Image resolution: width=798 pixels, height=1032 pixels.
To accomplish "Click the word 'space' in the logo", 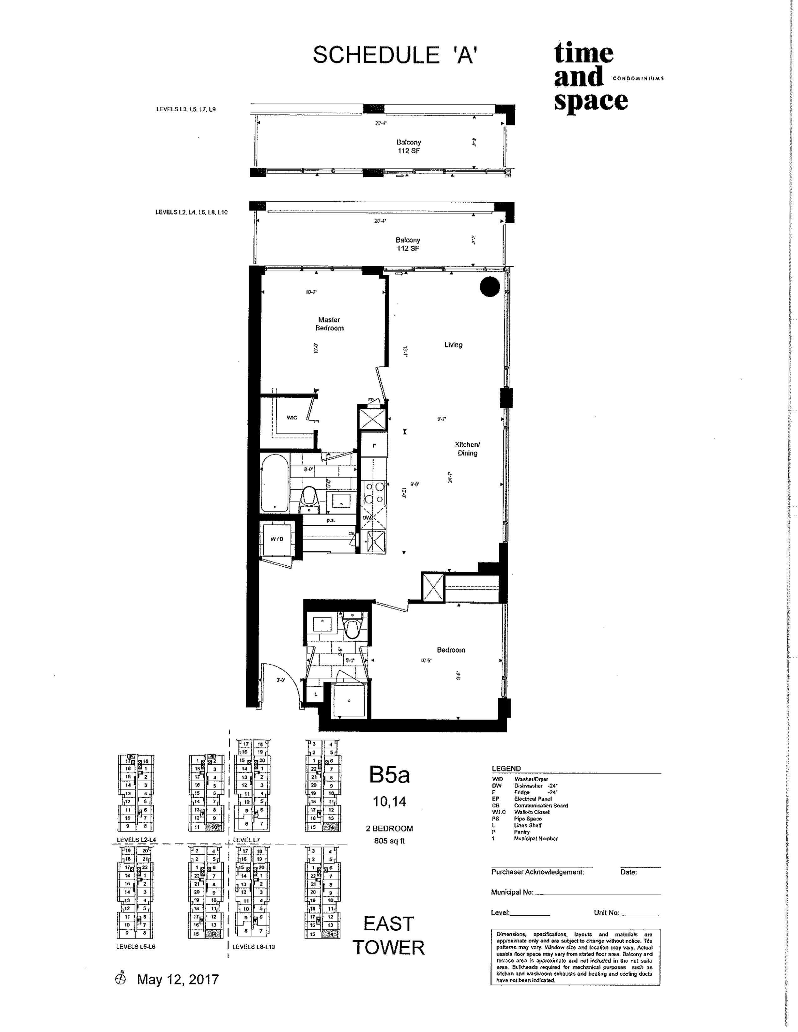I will point(591,100).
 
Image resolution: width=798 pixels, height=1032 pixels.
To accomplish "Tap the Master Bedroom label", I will point(329,324).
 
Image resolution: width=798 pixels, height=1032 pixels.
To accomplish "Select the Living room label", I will point(453,345).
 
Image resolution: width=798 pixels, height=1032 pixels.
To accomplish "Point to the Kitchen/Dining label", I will point(467,448).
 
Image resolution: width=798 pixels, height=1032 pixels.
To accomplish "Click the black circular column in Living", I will point(490,287).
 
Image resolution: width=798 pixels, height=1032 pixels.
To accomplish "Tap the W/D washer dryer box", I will point(277,539).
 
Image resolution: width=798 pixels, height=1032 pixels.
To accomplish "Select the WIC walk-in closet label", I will point(292,418).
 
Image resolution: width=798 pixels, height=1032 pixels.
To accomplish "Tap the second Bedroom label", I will point(451,650).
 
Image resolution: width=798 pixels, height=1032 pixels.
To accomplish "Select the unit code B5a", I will point(389,775).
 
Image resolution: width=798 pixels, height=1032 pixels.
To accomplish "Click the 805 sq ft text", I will point(389,841).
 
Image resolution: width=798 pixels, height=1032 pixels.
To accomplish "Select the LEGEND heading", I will point(506,769).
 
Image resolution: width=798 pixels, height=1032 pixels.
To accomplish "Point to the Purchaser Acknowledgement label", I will point(538,872).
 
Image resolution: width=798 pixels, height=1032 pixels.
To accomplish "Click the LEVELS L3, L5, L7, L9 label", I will point(186,109).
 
